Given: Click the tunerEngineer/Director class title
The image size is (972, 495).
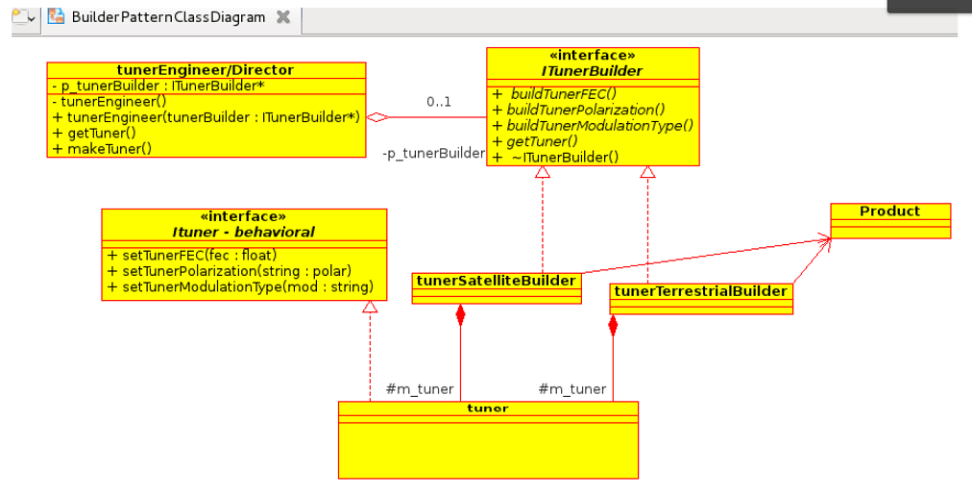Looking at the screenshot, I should (205, 70).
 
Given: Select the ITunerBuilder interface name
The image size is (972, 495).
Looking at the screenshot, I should (592, 71).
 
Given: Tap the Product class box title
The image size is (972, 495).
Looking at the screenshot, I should (889, 211).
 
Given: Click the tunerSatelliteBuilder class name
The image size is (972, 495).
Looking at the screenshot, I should (497, 281).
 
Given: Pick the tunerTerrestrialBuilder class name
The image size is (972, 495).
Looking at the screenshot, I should (701, 291).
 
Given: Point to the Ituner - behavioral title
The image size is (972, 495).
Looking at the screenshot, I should (243, 232).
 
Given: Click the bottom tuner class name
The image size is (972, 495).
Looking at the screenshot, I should (487, 408).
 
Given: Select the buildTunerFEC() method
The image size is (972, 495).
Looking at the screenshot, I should (563, 94).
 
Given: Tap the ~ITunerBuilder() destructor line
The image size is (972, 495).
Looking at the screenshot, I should (564, 157).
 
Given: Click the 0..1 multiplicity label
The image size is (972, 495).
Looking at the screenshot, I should (439, 101).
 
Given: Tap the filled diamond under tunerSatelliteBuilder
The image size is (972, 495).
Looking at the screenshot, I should (460, 314).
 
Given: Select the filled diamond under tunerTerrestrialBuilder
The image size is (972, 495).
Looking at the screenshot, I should (613, 324).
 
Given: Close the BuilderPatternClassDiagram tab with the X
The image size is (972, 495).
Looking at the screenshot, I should (282, 17).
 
